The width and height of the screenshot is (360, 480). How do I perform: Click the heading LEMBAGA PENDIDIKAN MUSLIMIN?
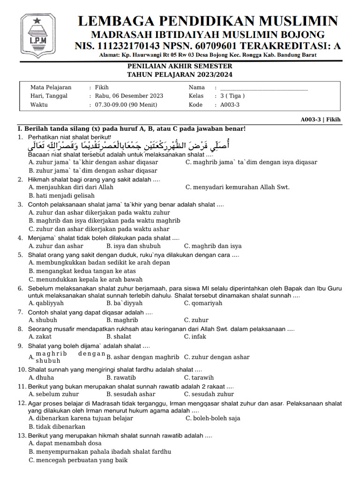click(207, 21)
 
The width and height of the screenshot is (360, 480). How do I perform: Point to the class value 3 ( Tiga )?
click(232, 96)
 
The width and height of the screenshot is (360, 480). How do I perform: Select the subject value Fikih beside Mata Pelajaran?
click(102, 88)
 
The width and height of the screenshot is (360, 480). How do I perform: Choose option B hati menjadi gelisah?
click(61, 196)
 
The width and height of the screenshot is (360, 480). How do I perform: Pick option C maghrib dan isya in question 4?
click(213, 246)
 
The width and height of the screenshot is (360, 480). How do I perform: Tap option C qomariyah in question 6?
click(203, 303)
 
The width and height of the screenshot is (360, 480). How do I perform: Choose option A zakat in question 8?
click(40, 337)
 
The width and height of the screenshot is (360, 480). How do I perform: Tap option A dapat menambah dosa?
click(65, 443)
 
